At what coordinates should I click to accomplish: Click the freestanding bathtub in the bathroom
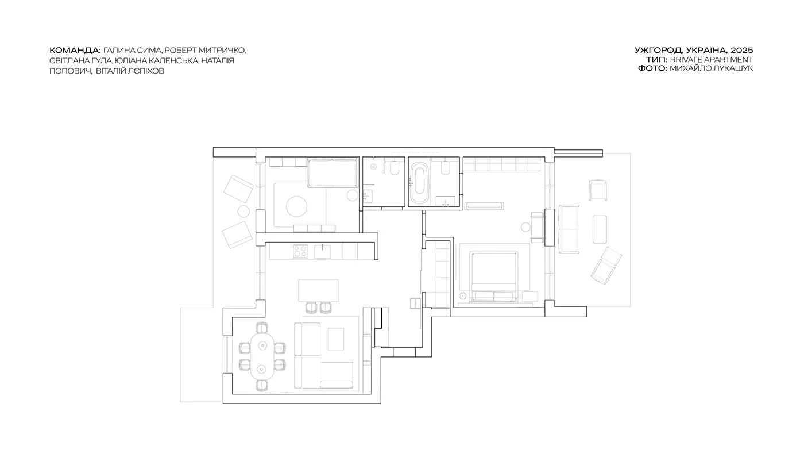tap(419, 183)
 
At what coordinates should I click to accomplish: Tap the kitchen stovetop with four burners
tap(300, 251)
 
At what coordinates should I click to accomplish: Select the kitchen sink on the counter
tap(322, 251)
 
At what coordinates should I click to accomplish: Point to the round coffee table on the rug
tap(296, 206)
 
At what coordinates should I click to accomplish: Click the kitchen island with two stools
tap(318, 290)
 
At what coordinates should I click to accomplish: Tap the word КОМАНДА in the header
tap(75, 51)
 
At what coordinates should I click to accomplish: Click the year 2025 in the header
tap(741, 51)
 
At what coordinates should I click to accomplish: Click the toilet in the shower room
tap(394, 168)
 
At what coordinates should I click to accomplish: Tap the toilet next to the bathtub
tap(446, 167)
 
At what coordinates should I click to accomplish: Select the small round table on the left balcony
tap(243, 212)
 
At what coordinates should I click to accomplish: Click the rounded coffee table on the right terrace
tap(600, 229)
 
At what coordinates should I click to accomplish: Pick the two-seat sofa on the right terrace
tap(569, 229)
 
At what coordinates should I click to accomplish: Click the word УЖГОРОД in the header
tap(659, 51)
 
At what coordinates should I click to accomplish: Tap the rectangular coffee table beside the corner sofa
tap(336, 339)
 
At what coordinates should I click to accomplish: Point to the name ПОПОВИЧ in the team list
tap(70, 71)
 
